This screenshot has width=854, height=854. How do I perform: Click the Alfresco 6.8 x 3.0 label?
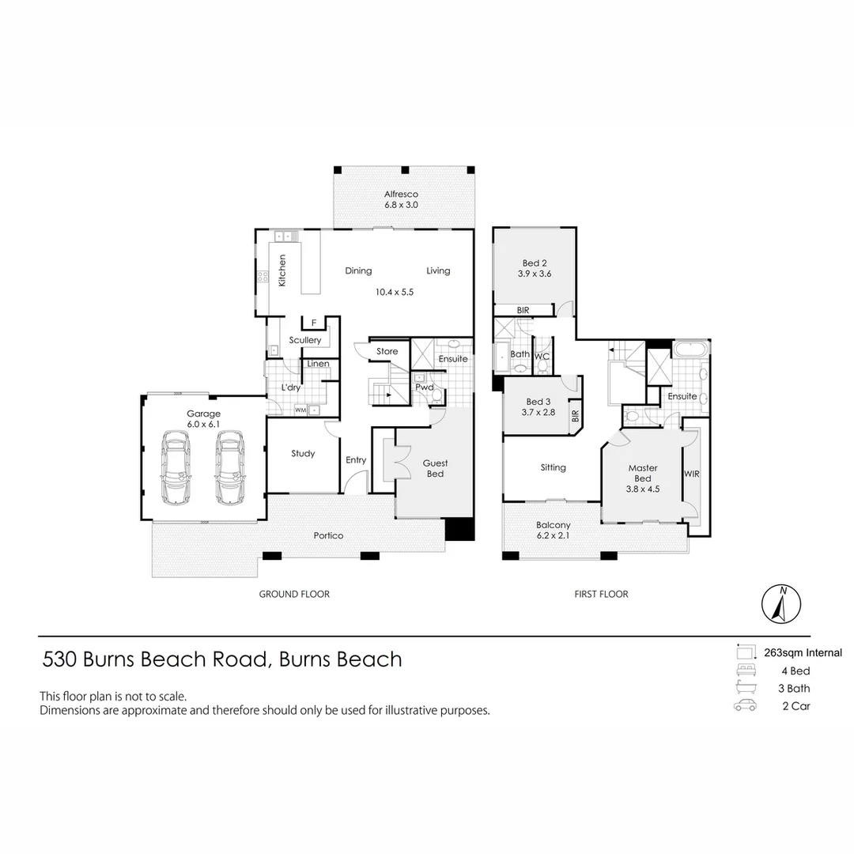tap(401, 199)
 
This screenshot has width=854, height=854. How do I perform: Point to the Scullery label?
tap(305, 340)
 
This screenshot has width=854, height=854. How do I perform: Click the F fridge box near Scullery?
tap(314, 323)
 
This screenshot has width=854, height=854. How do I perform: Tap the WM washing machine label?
tap(300, 410)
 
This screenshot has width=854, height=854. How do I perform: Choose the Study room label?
tap(303, 453)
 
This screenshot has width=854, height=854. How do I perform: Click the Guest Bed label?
tap(435, 468)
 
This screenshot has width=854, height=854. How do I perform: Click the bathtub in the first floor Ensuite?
tap(692, 350)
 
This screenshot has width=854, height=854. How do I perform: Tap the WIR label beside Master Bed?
tap(692, 474)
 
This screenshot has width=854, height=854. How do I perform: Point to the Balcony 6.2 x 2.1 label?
tap(553, 530)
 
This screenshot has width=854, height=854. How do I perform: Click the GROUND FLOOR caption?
tap(294, 594)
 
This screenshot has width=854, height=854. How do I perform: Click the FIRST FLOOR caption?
tap(601, 594)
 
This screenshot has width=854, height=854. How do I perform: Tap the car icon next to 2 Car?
tap(745, 706)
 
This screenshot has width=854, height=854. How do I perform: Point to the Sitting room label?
tap(553, 467)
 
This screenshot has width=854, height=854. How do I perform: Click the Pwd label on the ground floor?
tap(425, 387)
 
